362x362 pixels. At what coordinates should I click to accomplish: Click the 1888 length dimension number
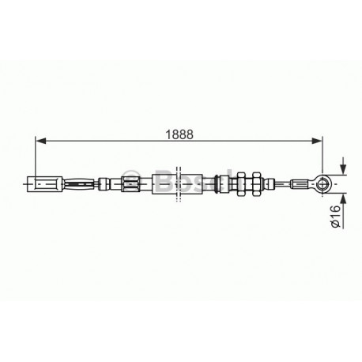coord(179,134)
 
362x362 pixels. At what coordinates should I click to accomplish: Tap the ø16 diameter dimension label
coord(335,217)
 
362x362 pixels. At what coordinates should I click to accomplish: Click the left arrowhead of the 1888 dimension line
coord(40,141)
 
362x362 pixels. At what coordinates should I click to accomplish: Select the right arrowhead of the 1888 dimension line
coord(317,141)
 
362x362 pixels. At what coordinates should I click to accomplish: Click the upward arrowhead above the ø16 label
coord(343,199)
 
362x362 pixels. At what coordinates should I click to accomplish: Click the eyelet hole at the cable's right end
coord(322,184)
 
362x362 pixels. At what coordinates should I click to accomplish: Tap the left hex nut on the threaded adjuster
coord(241,184)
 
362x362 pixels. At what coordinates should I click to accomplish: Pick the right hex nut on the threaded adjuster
coord(256,184)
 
